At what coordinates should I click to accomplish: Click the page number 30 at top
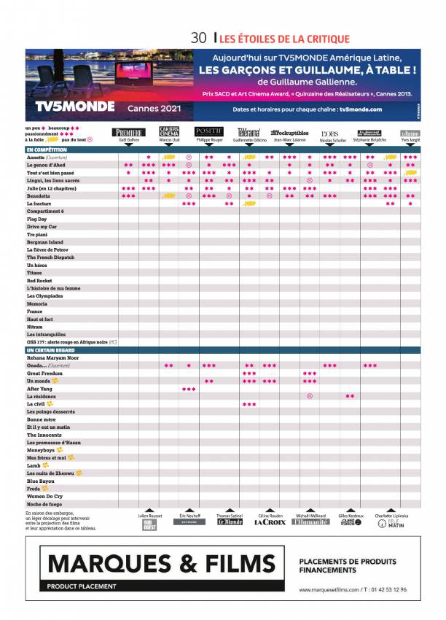pyautogui.click(x=198, y=38)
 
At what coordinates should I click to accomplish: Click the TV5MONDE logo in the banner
pyautogui.click(x=75, y=106)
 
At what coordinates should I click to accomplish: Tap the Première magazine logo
pyautogui.click(x=128, y=133)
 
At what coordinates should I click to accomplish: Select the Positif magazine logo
pyautogui.click(x=209, y=131)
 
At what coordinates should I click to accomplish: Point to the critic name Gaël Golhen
pyautogui.click(x=128, y=140)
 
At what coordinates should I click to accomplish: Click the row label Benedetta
pyautogui.click(x=39, y=196)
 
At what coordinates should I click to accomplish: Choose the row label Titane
pyautogui.click(x=35, y=273)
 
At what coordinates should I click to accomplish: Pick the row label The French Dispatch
pyautogui.click(x=50, y=257)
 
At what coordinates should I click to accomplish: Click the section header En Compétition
pyautogui.click(x=47, y=150)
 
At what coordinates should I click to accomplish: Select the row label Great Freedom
pyautogui.click(x=45, y=373)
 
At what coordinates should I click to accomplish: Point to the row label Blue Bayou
pyautogui.click(x=41, y=481)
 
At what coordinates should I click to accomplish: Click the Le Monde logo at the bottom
pyautogui.click(x=230, y=522)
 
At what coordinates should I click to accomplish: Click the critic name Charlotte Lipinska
pyautogui.click(x=392, y=515)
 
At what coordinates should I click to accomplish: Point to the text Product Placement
pyautogui.click(x=82, y=586)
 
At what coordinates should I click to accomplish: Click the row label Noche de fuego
pyautogui.click(x=44, y=504)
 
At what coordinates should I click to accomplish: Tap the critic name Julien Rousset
pyautogui.click(x=149, y=515)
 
